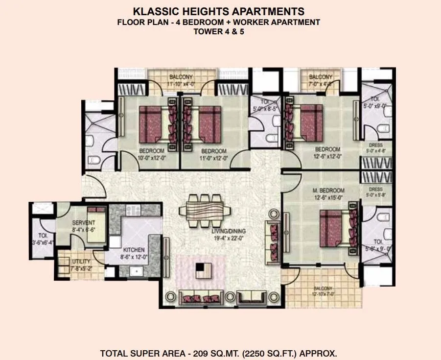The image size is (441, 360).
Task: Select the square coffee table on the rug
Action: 201,270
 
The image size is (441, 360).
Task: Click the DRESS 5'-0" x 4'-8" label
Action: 375,148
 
